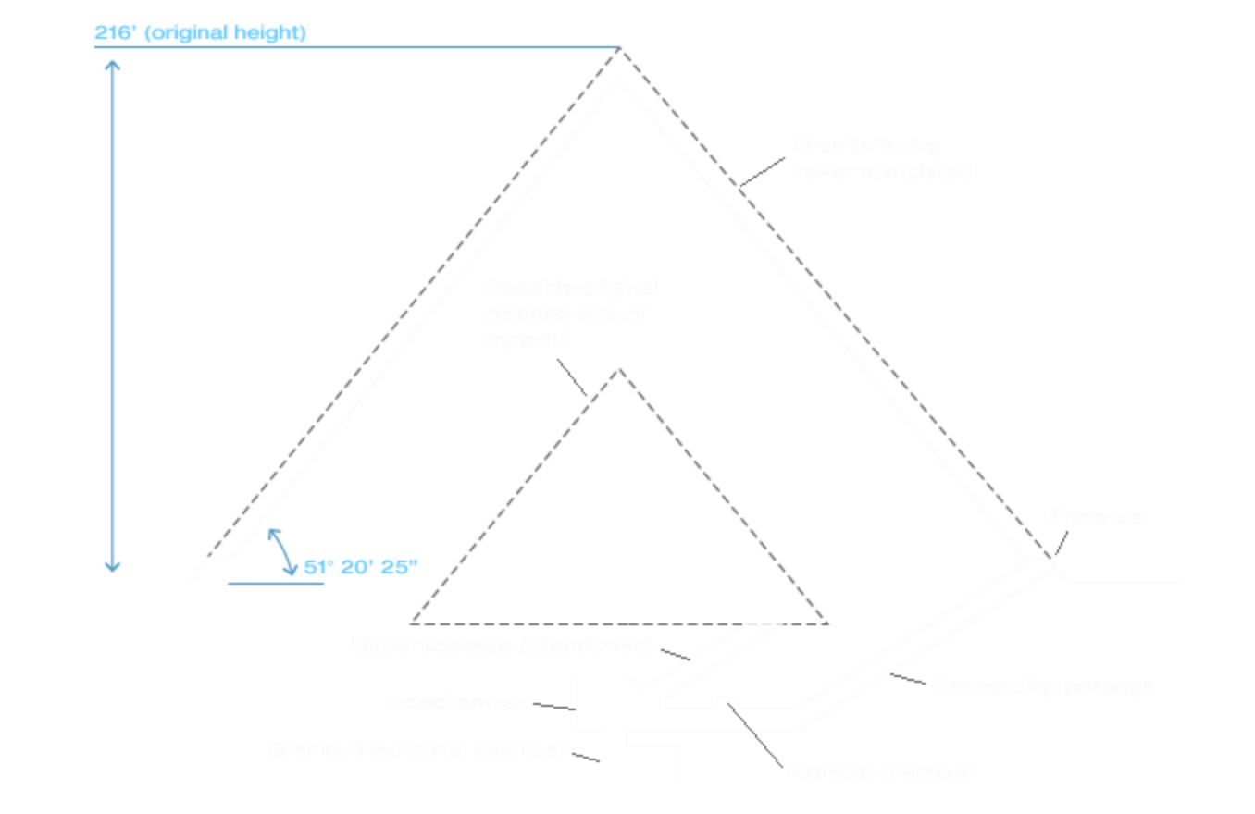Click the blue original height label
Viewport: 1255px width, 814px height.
tap(200, 33)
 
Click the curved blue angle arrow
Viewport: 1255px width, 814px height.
tap(281, 550)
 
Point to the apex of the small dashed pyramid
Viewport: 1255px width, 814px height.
tap(619, 370)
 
